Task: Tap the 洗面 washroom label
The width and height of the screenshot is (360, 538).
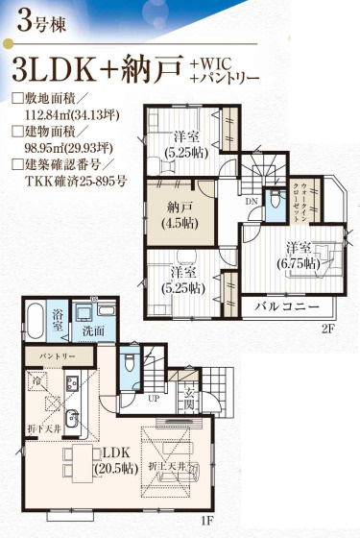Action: pyautogui.click(x=92, y=331)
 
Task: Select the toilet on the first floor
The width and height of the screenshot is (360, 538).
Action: pyautogui.click(x=131, y=368)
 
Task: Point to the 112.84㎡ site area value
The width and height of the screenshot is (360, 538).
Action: pyautogui.click(x=46, y=116)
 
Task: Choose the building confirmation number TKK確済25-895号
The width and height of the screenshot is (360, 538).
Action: pyautogui.click(x=75, y=186)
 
